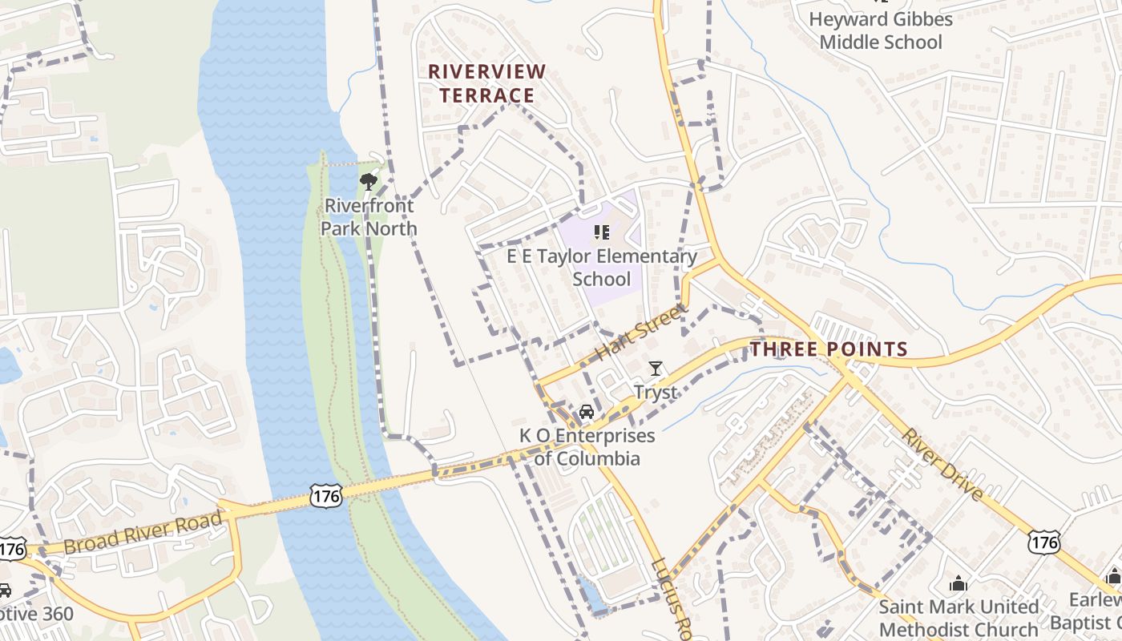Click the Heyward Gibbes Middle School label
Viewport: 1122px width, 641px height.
[881, 30]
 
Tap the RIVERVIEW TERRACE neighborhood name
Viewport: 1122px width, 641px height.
[487, 83]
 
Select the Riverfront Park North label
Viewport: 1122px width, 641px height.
[369, 217]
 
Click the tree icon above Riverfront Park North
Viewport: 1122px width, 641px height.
[369, 181]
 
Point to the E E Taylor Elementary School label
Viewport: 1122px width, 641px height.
[602, 268]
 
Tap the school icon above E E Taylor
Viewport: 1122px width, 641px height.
[602, 232]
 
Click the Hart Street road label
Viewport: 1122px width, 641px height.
[641, 331]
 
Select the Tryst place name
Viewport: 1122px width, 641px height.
[656, 393]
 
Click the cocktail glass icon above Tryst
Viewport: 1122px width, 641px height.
[656, 369]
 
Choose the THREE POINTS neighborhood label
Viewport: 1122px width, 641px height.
[829, 349]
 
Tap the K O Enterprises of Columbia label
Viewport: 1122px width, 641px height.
[587, 447]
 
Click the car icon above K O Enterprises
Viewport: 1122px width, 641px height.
[587, 412]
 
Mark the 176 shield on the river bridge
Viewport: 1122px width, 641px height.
[327, 496]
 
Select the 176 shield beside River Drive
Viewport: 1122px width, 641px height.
[1045, 542]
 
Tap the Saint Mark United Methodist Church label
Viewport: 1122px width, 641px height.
[959, 618]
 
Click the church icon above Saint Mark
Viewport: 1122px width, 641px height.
[958, 583]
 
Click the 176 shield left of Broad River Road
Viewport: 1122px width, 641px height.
[12, 549]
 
